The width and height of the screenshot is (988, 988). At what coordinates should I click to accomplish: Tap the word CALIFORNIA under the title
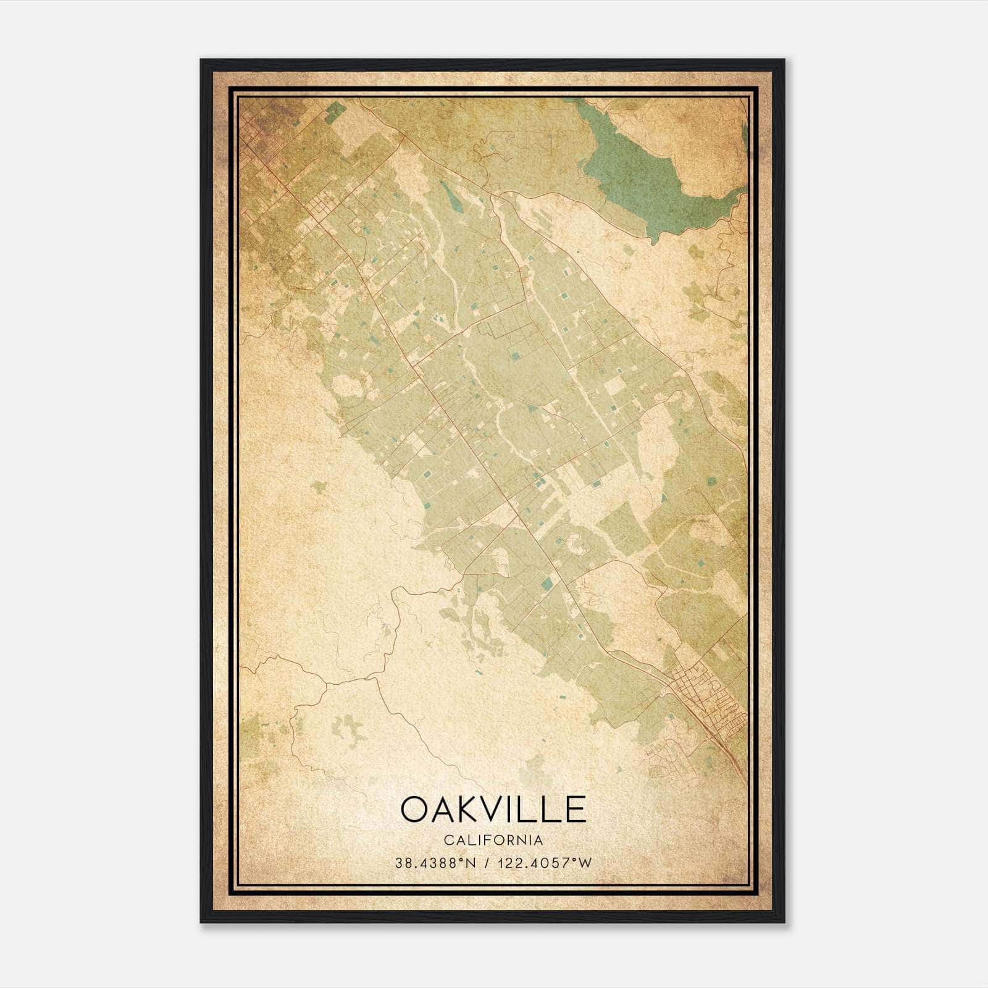coord(493,840)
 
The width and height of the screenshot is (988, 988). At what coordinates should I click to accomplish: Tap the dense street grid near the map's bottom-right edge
coord(710,692)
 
